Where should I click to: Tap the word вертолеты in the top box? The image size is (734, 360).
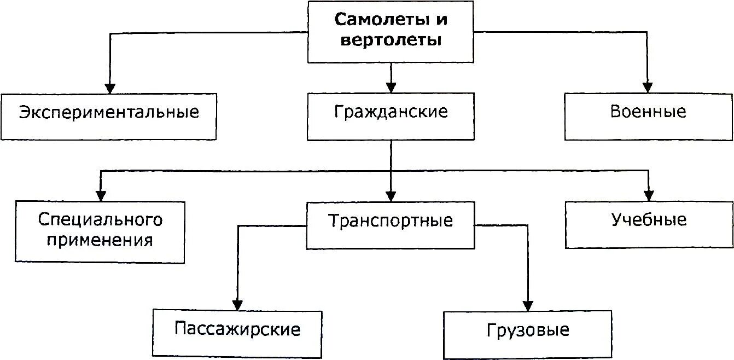tap(391, 40)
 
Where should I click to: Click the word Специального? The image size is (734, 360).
tap(101, 219)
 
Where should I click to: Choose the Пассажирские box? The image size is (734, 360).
tap(237, 330)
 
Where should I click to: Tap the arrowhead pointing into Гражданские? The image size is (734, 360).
tap(391, 88)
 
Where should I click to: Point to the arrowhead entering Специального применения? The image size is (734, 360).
tap(101, 195)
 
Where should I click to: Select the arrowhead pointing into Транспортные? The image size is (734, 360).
tap(391, 196)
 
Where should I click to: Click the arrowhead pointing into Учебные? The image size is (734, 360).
tap(649, 195)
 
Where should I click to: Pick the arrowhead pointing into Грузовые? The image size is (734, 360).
tap(528, 306)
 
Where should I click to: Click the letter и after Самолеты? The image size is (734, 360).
tap(441, 21)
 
